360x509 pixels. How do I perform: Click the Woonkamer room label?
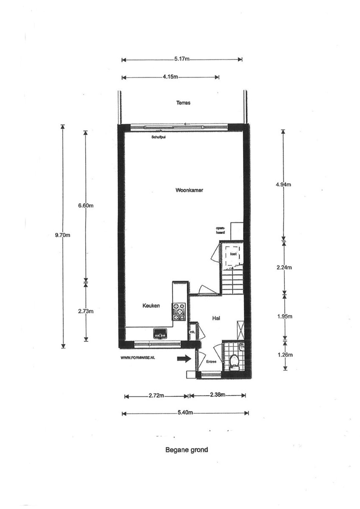tap(189, 190)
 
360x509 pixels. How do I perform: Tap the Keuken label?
tap(151, 306)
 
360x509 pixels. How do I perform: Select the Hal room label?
tap(216, 318)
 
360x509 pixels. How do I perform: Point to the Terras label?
tap(183, 103)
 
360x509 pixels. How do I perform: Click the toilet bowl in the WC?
tap(234, 361)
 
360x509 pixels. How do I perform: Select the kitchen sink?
tap(160, 334)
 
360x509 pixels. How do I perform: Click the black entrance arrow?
tap(184, 359)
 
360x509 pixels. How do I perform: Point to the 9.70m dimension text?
tap(63, 235)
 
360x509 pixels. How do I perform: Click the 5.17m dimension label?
tap(182, 59)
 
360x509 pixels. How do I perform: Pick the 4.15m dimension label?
tap(170, 77)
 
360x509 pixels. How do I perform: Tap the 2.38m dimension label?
tap(217, 395)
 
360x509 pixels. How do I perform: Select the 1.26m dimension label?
tap(285, 355)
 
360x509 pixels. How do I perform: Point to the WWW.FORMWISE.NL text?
tap(137, 357)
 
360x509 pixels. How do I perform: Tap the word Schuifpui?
tap(158, 137)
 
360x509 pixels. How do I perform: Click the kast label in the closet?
tap(233, 254)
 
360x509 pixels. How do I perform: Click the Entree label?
tap(211, 362)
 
